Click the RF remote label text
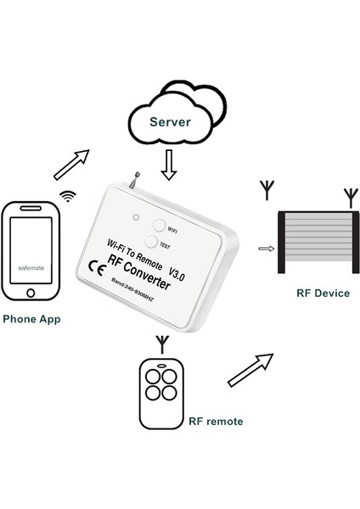(x=216, y=421)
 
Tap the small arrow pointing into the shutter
(x=267, y=249)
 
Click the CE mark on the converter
(x=97, y=269)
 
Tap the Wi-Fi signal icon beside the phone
(x=66, y=196)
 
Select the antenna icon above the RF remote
(x=161, y=344)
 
